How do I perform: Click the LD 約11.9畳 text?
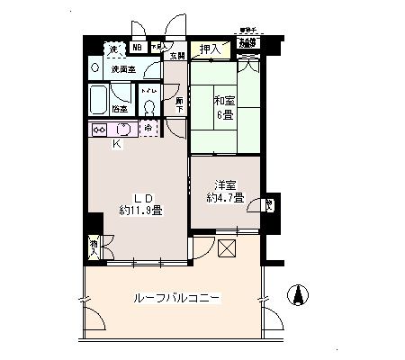pyautogui.click(x=139, y=206)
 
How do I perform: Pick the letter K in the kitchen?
pyautogui.click(x=115, y=144)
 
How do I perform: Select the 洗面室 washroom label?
pyautogui.click(x=123, y=68)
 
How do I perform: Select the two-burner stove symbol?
pyautogui.click(x=100, y=129)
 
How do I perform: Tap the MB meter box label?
pyautogui.click(x=137, y=48)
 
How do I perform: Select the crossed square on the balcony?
pyautogui.click(x=226, y=248)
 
